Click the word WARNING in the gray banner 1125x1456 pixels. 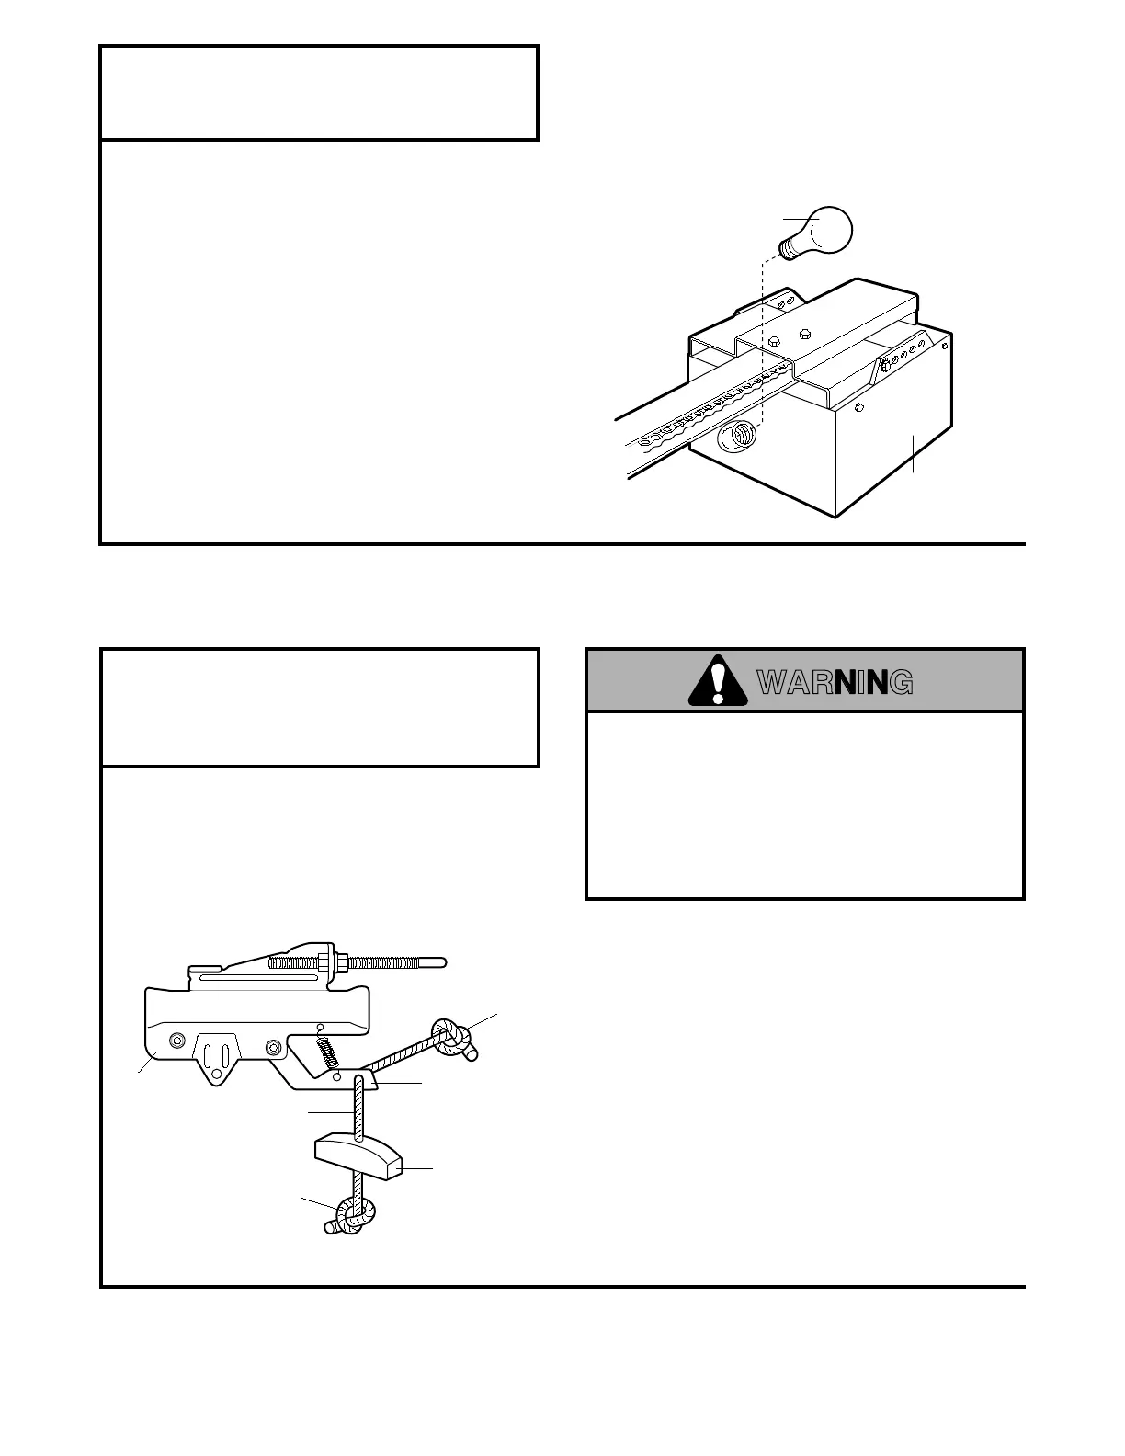point(835,682)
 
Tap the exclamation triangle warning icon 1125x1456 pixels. point(718,682)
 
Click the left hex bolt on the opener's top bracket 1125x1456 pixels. point(774,340)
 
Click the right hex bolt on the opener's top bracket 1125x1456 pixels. point(805,333)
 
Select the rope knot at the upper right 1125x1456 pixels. point(451,1036)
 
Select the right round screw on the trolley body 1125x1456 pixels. point(272,1048)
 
